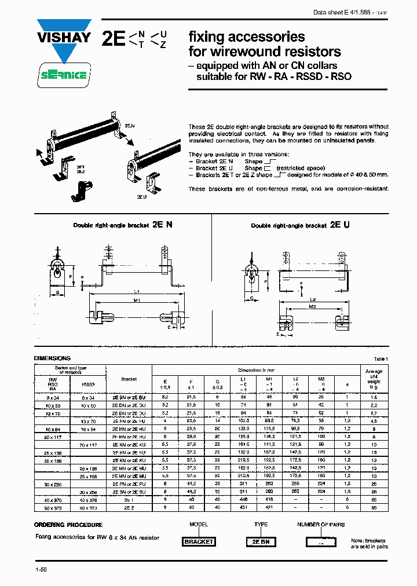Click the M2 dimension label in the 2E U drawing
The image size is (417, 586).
click(312, 306)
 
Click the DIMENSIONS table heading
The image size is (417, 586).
click(52, 358)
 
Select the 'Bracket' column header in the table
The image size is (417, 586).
click(129, 379)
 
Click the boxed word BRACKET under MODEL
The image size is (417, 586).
click(199, 542)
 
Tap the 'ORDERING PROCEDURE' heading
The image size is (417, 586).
click(68, 525)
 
